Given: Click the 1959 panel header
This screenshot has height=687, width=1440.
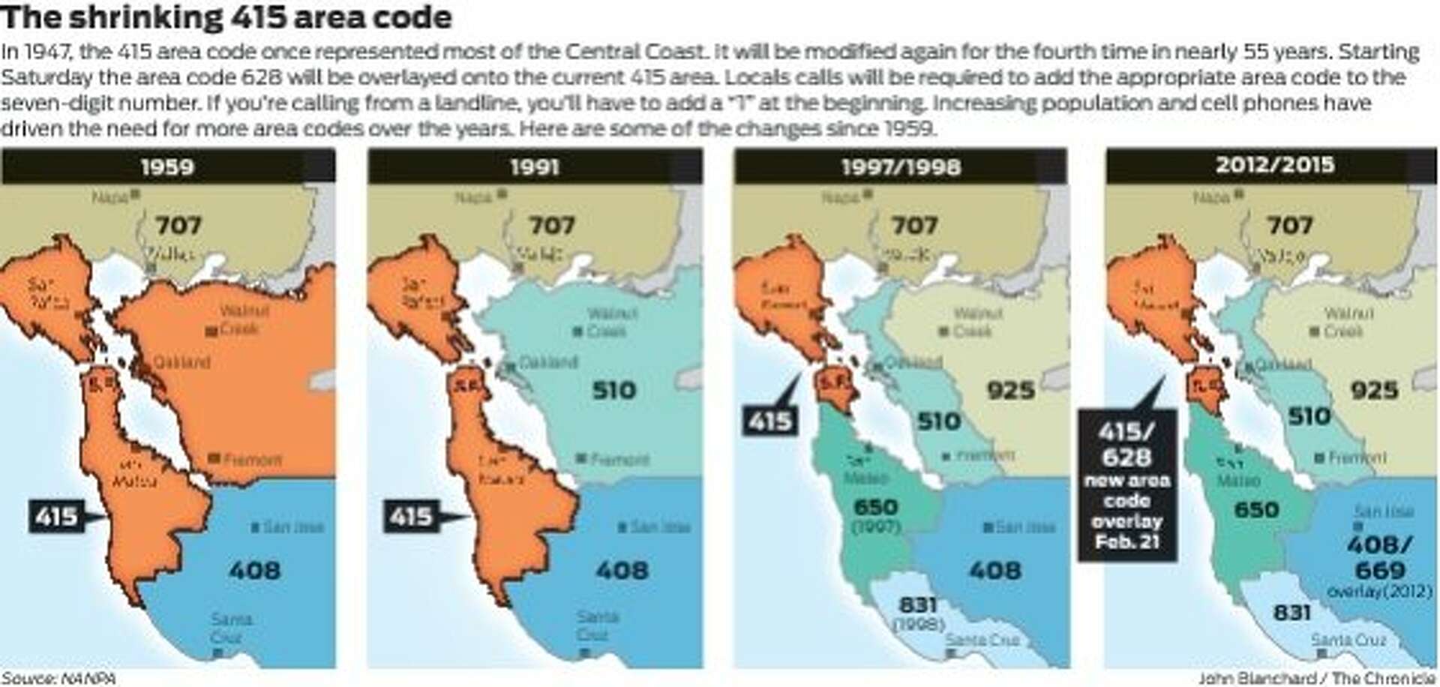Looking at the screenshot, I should coord(167,166).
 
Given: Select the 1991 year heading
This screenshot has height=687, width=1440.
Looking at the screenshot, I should coord(534,166).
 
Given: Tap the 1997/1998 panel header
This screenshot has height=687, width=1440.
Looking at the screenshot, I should coord(901,166).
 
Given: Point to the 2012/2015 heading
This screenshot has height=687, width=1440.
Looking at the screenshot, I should coord(1274,165).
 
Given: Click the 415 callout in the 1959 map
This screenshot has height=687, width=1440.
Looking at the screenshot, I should coord(57,516).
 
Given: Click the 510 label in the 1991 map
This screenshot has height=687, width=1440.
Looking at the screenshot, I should coord(613,390).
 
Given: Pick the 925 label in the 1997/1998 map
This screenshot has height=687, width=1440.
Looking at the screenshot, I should coord(1010,390).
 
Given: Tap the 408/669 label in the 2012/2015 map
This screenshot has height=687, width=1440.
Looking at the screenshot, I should coord(1379,557).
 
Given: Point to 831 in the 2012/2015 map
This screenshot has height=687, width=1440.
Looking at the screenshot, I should coord(1291,613).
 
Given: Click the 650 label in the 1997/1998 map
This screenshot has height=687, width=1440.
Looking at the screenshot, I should coord(875,508).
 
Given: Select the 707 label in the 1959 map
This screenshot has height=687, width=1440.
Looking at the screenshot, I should coord(178,225).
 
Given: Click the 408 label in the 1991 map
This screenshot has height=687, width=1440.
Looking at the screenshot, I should coord(622,571).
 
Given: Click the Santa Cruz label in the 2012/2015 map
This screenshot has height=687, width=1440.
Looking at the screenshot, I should coord(1348,640).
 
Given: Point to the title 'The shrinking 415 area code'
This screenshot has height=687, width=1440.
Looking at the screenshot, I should coord(226,18).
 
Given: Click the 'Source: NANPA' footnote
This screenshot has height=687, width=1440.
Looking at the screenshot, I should coord(58,679).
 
